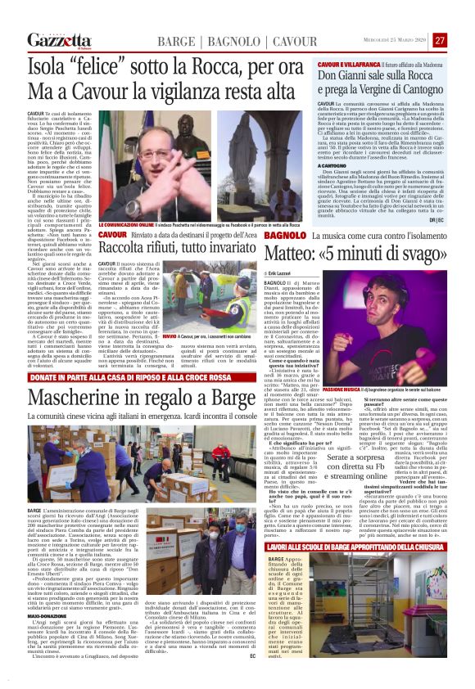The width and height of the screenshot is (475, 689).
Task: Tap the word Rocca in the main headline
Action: [194, 63]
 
